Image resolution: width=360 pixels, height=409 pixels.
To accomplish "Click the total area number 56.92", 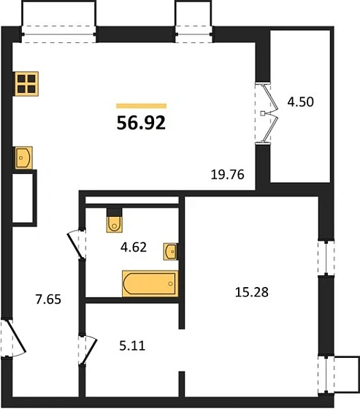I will coord(141,122).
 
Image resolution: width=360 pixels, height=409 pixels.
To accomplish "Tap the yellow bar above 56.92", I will coord(141,106).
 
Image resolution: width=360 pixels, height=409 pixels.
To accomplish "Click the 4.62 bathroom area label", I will coord(134,247).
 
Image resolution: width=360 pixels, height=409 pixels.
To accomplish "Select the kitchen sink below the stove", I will coord(24,157).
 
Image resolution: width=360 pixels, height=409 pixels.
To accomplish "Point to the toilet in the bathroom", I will coord(115,220).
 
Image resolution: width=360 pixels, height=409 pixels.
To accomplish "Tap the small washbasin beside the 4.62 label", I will coord(171,251).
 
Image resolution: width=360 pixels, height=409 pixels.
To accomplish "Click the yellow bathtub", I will coord(150,283).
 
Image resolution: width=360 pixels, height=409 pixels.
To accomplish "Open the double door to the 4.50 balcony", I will coord(266,113).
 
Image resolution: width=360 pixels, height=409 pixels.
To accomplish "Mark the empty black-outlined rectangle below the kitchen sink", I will coord(24,196).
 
